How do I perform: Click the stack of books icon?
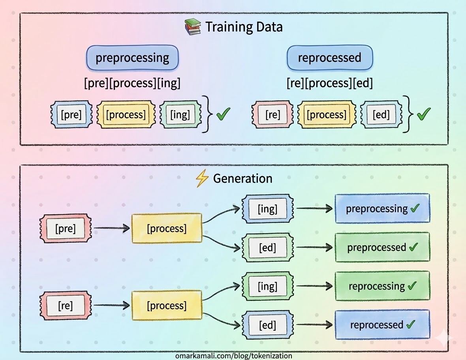[192, 27]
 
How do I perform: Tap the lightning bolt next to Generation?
[202, 178]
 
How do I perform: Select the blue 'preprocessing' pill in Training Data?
[132, 58]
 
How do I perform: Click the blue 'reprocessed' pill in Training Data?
[330, 58]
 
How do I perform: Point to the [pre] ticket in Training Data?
[71, 114]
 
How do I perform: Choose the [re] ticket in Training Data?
[272, 114]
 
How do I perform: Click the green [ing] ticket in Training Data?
[180, 114]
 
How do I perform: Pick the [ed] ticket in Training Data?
[381, 114]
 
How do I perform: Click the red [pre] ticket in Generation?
[66, 228]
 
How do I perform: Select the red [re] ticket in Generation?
[66, 306]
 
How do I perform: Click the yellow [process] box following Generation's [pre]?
[167, 228]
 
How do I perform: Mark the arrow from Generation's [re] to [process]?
[112, 305]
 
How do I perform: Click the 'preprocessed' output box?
[382, 247]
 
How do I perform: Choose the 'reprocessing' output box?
[382, 286]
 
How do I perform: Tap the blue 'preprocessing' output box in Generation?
[382, 208]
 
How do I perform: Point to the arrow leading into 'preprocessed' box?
[314, 247]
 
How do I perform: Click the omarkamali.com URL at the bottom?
[234, 356]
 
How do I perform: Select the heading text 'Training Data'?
[244, 27]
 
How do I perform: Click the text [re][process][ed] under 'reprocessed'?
[330, 83]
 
